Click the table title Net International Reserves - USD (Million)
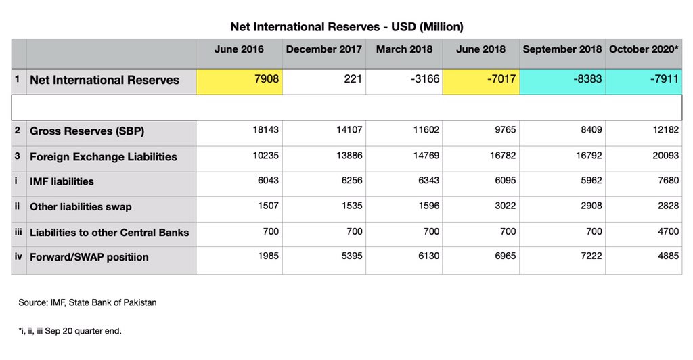pyautogui.click(x=346, y=26)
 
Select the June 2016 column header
pyautogui.click(x=239, y=49)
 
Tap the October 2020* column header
pyautogui.click(x=644, y=49)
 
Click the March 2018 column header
pyautogui.click(x=405, y=49)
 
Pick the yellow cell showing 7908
pyautogui.click(x=239, y=80)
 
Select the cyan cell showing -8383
pyautogui.click(x=563, y=80)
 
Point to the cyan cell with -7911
pyautogui.click(x=644, y=80)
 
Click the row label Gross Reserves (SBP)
pyautogui.click(x=87, y=131)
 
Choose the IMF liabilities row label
pyautogui.click(x=62, y=181)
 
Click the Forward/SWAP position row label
pyautogui.click(x=89, y=257)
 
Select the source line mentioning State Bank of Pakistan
pyautogui.click(x=87, y=302)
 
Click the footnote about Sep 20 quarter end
pyautogui.click(x=70, y=331)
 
